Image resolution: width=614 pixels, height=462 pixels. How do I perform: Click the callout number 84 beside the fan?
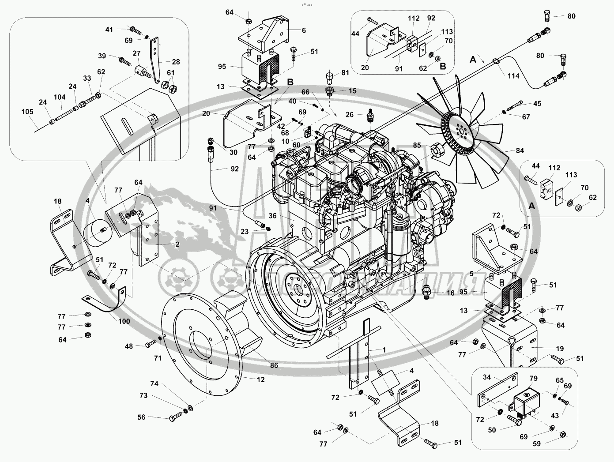pyautogui.click(x=520, y=151)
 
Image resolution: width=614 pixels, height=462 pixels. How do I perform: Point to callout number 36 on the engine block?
pyautogui.click(x=272, y=216)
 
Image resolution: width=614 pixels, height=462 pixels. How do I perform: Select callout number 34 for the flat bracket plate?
pyautogui.click(x=486, y=377)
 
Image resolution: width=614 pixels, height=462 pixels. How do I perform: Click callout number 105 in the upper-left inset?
pyautogui.click(x=28, y=112)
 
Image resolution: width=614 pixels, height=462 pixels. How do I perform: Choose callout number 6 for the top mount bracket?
pyautogui.click(x=303, y=30)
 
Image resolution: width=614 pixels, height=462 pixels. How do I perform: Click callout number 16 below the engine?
pyautogui.click(x=450, y=293)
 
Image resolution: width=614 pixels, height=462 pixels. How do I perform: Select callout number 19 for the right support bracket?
pyautogui.click(x=547, y=348)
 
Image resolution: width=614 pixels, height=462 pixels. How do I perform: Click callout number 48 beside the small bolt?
pyautogui.click(x=128, y=346)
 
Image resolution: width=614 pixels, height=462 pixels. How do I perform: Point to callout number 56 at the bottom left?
pyautogui.click(x=141, y=417)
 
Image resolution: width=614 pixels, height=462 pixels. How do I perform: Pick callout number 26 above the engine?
pyautogui.click(x=350, y=115)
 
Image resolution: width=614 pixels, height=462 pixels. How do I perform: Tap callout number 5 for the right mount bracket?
pyautogui.click(x=472, y=274)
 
